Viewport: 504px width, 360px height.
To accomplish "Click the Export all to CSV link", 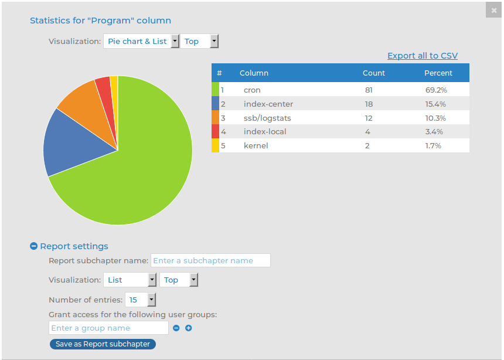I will pos(422,56).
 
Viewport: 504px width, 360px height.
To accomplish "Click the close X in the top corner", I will pos(494,10).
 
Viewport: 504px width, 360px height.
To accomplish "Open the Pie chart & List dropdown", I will pos(141,41).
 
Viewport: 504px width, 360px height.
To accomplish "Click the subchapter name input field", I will pos(210,260).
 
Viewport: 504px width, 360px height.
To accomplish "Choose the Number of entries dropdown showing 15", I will pos(141,300).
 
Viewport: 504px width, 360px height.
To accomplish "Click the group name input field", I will pos(108,328).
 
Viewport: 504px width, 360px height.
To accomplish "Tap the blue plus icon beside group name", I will pos(189,328).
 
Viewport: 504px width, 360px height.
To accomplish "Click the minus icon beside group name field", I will pos(176,328).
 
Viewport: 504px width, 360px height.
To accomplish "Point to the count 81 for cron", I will pos(369,90).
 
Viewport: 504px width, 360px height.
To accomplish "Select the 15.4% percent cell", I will pos(435,104).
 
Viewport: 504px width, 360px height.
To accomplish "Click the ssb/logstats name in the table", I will pos(267,118).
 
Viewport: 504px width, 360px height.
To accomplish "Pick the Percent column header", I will pos(438,73).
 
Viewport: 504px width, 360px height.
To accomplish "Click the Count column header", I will pos(374,73).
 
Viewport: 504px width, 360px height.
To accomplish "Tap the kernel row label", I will pos(256,145).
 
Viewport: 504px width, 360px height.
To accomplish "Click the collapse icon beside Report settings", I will pos(33,246).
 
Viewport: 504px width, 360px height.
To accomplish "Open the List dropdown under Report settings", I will pos(130,280).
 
